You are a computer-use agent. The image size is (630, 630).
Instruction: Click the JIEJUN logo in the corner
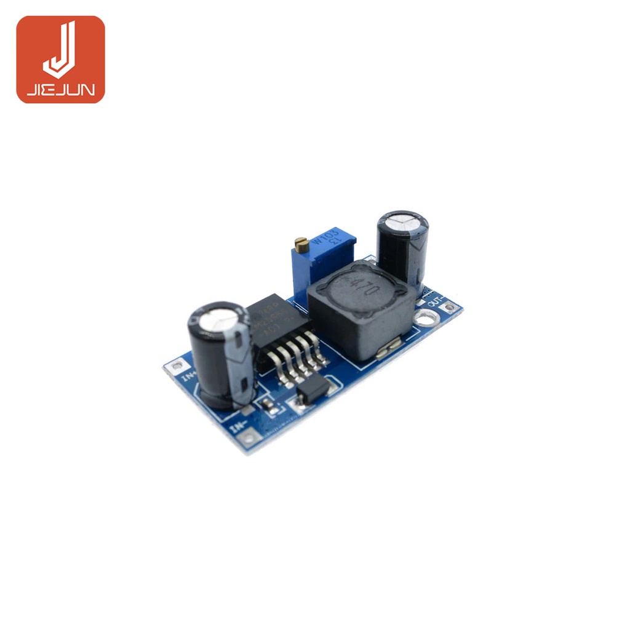(x=60, y=59)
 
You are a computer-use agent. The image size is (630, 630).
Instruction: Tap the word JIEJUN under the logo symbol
(x=60, y=91)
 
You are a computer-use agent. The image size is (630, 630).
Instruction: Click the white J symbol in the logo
(x=60, y=49)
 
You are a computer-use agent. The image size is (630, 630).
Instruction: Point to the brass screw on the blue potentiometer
(x=301, y=245)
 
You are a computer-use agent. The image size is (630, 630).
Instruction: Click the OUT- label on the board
(x=437, y=301)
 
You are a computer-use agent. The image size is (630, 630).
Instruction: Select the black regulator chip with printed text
(x=269, y=325)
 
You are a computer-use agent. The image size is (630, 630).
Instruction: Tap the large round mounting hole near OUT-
(x=426, y=318)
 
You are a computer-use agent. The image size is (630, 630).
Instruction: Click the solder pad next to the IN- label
(x=249, y=438)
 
